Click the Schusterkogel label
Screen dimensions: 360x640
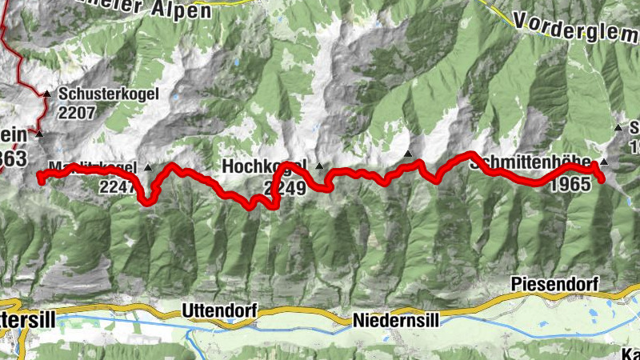[x=109, y=94]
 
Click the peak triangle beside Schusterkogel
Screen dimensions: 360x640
[x=46, y=94]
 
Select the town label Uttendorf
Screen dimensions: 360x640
[x=217, y=309]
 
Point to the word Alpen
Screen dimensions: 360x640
[x=183, y=10]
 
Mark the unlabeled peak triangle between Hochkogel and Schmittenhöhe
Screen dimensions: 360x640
[x=408, y=153]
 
